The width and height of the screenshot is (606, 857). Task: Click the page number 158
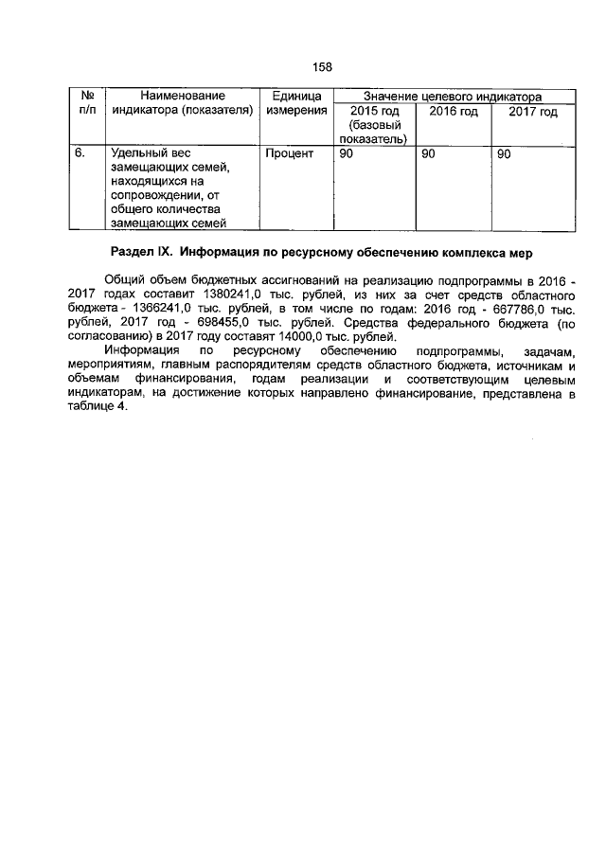(321, 66)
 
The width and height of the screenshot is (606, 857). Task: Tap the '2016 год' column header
(454, 112)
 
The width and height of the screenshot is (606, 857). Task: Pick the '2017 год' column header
(533, 112)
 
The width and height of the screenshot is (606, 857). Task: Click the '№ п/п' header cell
(87, 104)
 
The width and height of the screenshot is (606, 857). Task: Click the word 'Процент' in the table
(289, 152)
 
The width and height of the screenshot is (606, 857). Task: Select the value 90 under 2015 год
(347, 152)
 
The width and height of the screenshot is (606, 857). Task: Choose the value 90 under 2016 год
(428, 152)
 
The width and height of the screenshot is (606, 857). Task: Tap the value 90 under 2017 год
(504, 152)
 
